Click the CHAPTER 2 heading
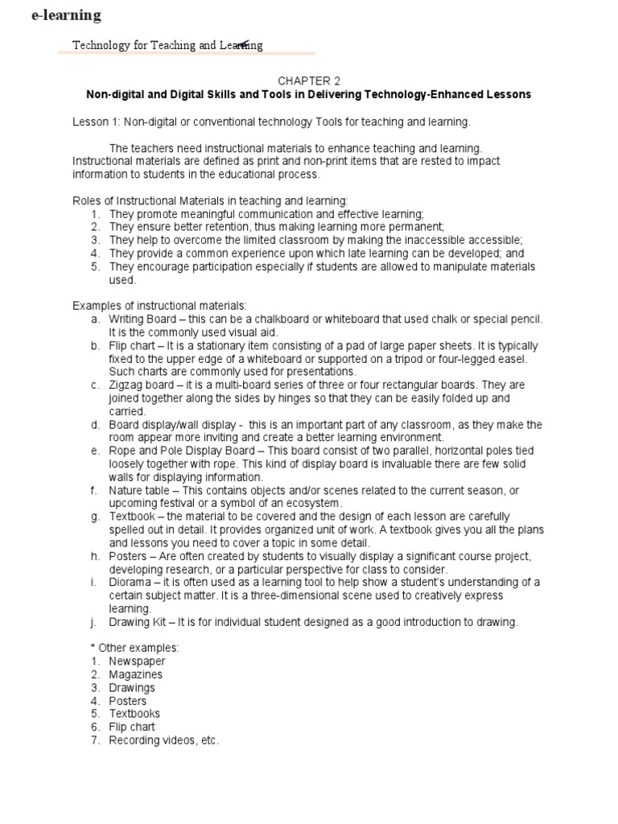point(309,81)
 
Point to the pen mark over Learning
point(241,44)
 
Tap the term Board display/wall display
point(175,424)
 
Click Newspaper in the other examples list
point(137,661)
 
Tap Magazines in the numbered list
point(135,674)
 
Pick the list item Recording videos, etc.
point(163,740)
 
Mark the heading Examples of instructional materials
point(159,306)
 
